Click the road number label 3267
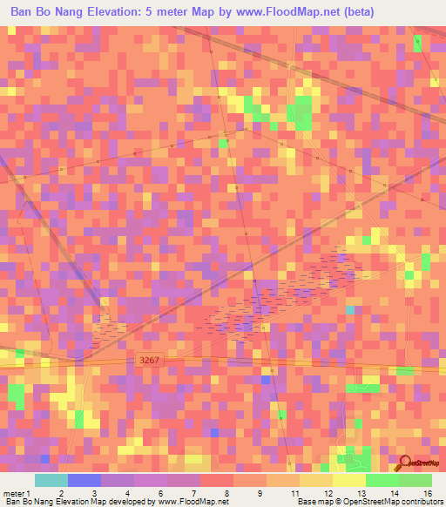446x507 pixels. [150, 359]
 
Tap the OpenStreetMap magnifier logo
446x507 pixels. [405, 463]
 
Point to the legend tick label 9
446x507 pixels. [237, 492]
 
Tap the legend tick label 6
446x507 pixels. [161, 492]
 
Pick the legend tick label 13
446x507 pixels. [336, 492]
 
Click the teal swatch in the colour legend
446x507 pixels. [51, 480]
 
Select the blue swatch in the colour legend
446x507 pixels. [84, 480]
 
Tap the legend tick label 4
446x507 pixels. [127, 492]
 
